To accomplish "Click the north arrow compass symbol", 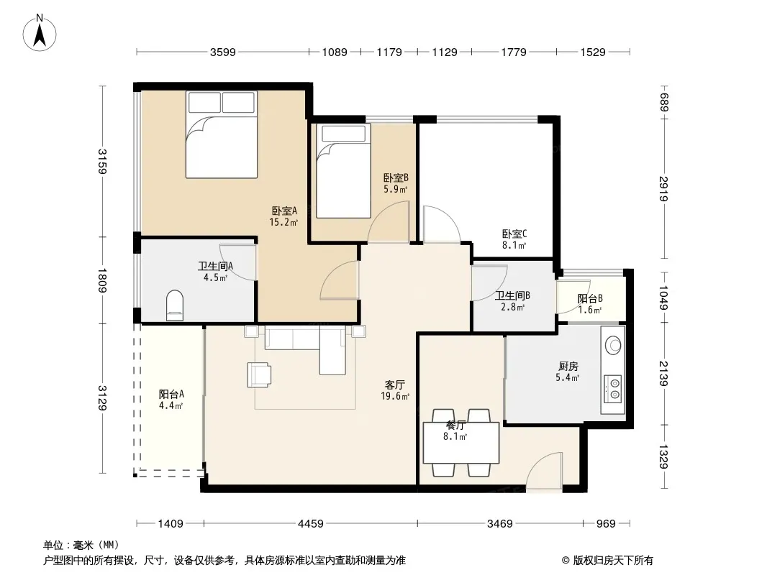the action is pos(40,33).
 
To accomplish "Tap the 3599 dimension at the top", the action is pos(222,52).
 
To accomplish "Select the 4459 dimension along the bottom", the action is pos(311,524).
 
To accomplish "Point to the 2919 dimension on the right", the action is pos(663,188).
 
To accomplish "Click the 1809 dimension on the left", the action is pos(102,280).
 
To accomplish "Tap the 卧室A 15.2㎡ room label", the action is pos(284,216).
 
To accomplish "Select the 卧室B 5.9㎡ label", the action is pos(396,184).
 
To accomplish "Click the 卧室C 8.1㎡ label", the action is pos(514,239).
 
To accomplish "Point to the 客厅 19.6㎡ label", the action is pos(395,390).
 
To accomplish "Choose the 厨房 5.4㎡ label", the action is pos(568,372).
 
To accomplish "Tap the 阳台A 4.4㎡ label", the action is pos(171,399).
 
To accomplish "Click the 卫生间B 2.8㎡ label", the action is pos(512,301).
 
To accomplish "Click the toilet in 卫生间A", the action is pos(175,305).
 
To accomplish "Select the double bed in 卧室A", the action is pos(222,134).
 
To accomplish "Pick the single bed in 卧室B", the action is pos(343,171).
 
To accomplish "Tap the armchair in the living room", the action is pos(259,374).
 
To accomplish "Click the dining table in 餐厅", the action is pos(460,443).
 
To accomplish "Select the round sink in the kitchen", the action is pos(613,346).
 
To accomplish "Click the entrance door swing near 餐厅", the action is pos(543,470).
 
